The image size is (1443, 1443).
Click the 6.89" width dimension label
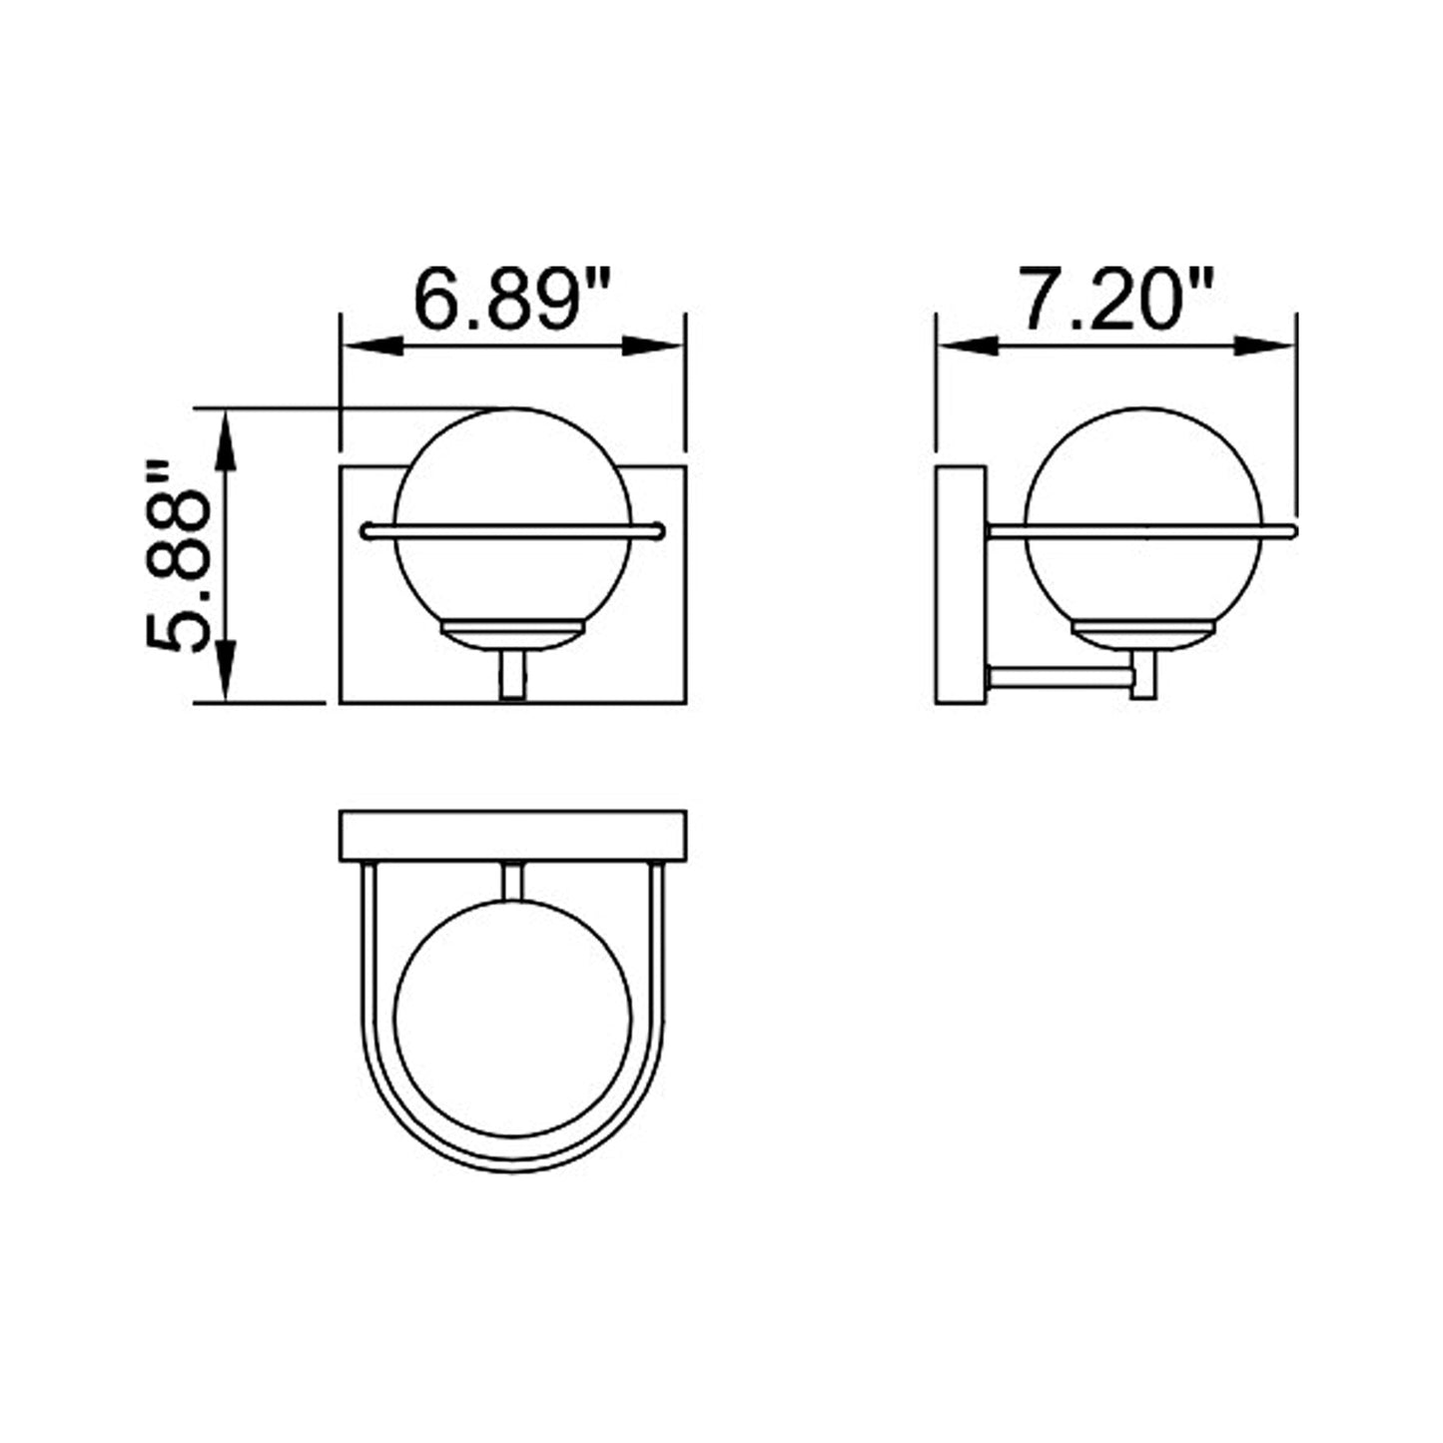[511, 299]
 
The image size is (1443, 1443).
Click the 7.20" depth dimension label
[1114, 299]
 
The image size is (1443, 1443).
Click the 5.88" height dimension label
[181, 556]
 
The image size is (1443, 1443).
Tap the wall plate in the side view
[961, 585]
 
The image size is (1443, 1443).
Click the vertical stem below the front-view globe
[511, 676]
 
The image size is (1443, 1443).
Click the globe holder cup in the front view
[512, 635]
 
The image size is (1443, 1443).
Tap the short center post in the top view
[512, 879]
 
